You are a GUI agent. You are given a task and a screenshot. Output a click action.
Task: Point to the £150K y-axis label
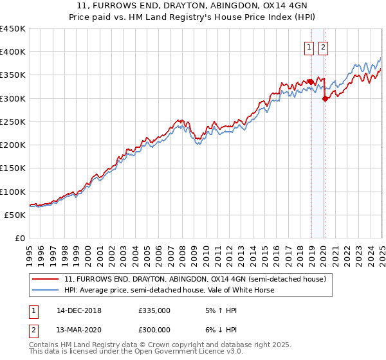pos(13,168)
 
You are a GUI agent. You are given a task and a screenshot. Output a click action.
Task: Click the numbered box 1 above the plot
pos(309,46)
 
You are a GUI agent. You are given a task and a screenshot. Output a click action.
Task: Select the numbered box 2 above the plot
pos(322,46)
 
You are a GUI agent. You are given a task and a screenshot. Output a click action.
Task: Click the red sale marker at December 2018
pos(310,82)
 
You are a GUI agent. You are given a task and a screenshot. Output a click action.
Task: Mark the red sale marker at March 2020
pos(325,98)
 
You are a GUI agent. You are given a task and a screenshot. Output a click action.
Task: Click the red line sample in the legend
pos(46,279)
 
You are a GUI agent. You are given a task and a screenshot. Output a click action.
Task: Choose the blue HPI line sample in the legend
pos(46,290)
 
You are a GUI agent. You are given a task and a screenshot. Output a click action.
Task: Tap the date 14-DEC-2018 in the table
pos(78,310)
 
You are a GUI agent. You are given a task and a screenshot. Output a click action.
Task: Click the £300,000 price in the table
pos(154,329)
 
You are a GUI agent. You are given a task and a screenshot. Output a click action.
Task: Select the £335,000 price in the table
pos(154,310)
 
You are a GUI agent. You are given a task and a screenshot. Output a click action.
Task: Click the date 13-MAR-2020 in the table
pos(78,329)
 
